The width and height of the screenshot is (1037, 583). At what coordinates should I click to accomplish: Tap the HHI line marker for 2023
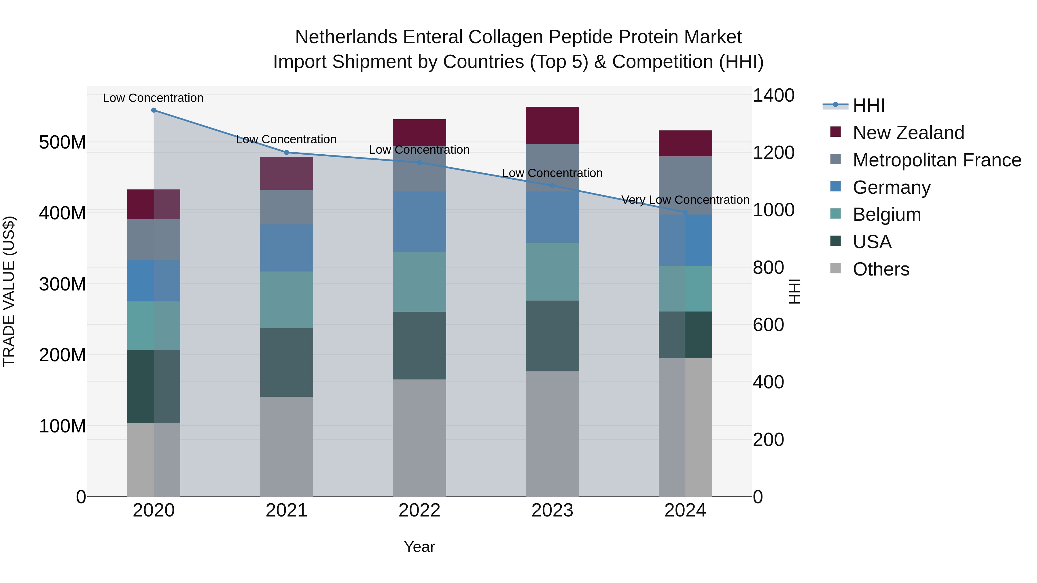click(x=552, y=185)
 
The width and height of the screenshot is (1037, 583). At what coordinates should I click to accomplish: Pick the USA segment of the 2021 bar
click(x=286, y=362)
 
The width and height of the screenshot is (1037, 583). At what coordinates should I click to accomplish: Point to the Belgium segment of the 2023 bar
click(x=552, y=271)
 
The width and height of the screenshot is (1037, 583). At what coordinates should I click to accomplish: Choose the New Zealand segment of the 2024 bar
click(x=685, y=143)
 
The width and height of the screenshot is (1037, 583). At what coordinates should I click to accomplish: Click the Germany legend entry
click(x=891, y=187)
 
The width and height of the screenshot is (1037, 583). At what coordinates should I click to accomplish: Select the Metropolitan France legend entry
click(x=936, y=160)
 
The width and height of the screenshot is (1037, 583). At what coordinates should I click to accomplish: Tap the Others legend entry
click(x=881, y=269)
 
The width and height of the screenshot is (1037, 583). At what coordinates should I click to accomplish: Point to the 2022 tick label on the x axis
click(x=419, y=510)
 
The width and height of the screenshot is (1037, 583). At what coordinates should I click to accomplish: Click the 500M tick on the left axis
click(x=63, y=142)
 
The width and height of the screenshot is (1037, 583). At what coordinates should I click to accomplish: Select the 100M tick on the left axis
click(x=63, y=426)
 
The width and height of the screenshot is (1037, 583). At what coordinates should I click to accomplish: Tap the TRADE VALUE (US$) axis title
click(x=9, y=291)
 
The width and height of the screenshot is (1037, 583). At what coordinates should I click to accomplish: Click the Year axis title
click(x=419, y=547)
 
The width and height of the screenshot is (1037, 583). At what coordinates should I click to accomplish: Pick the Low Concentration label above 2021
click(x=286, y=139)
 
